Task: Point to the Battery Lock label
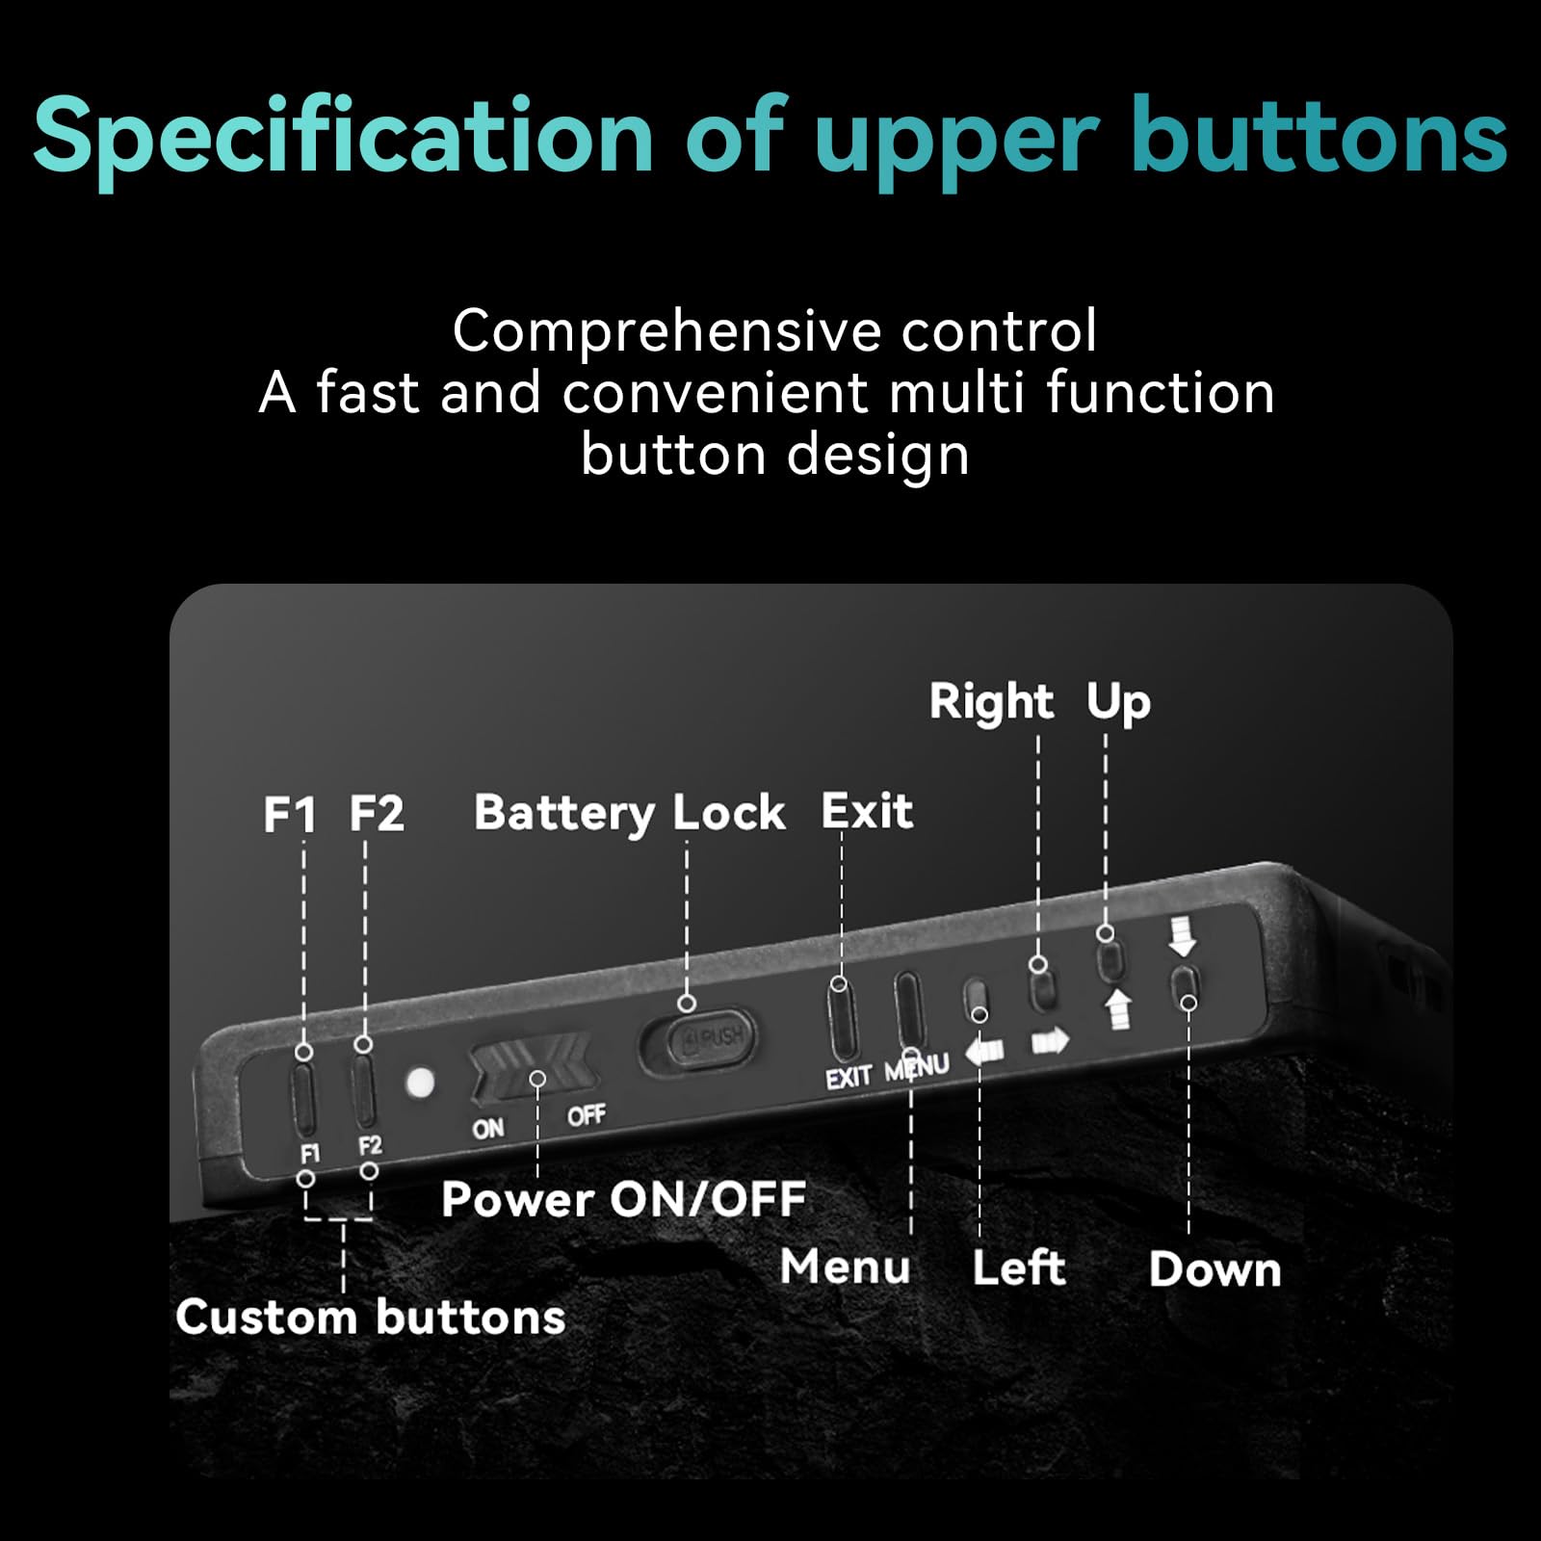pyautogui.click(x=630, y=814)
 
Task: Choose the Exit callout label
pyautogui.click(x=867, y=811)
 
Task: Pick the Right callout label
pyautogui.click(x=991, y=702)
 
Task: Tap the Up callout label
pyautogui.click(x=1118, y=703)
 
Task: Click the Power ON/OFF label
pyautogui.click(x=623, y=1200)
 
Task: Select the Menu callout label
pyautogui.click(x=845, y=1267)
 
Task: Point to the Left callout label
pyautogui.click(x=1018, y=1268)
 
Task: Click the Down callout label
pyautogui.click(x=1215, y=1269)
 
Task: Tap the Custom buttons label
pyautogui.click(x=370, y=1317)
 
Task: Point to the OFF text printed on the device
pyautogui.click(x=586, y=1116)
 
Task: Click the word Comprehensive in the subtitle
pyautogui.click(x=666, y=332)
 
